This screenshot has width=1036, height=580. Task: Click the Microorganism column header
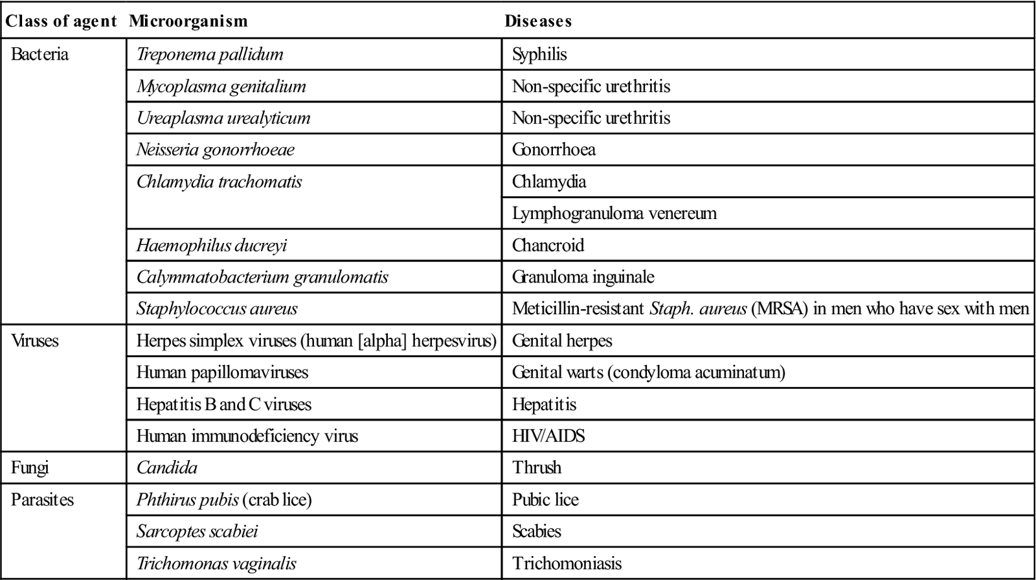pos(188,21)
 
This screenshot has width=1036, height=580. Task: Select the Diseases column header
pos(538,21)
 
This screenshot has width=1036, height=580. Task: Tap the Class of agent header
pos(61,21)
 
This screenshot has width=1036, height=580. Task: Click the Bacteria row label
pos(39,54)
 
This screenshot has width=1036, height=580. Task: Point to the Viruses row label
pos(35,340)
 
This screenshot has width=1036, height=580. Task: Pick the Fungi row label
pos(30,467)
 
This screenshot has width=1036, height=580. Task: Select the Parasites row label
pos(42,500)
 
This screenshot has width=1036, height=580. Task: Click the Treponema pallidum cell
pos(210,54)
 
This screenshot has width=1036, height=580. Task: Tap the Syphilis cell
pos(539,54)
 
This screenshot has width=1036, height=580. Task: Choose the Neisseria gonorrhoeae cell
pos(215,150)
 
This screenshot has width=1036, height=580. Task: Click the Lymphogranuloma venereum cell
pos(614,213)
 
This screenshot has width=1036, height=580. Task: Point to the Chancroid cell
pos(548,245)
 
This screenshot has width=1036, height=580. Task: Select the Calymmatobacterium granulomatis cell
pos(262,277)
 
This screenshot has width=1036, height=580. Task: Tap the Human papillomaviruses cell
pos(222,372)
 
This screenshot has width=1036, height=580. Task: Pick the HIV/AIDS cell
pos(548,435)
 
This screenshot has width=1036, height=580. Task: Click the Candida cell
pos(167,467)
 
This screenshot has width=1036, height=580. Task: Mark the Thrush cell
pos(537,467)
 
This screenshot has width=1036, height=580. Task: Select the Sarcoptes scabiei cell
pos(197,531)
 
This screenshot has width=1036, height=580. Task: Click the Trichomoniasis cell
pos(567,563)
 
